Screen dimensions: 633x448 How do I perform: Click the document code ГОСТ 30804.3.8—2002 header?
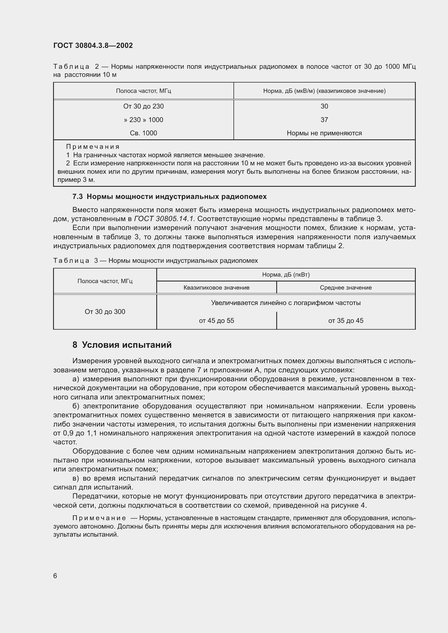(93, 45)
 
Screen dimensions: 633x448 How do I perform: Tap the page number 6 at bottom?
(55, 576)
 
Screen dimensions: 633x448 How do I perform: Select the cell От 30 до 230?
(144, 106)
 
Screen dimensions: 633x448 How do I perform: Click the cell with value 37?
(324, 120)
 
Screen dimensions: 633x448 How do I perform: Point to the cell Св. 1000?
(144, 133)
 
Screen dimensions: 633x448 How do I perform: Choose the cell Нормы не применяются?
(324, 133)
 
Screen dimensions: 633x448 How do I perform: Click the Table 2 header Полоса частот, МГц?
(144, 91)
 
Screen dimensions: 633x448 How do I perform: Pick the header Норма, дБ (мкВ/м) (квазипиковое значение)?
(324, 91)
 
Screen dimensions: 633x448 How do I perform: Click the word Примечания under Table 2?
(93, 147)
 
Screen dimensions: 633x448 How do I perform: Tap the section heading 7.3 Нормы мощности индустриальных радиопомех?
(169, 196)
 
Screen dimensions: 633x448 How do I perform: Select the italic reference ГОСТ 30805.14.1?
(164, 219)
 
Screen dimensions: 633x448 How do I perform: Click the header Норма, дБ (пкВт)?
(286, 275)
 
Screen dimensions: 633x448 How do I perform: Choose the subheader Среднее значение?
(346, 288)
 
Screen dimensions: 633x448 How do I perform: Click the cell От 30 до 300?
(105, 312)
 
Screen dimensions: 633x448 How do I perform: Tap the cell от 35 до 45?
(346, 321)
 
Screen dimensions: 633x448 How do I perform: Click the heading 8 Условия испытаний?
(122, 345)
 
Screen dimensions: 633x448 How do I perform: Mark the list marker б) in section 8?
(76, 406)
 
